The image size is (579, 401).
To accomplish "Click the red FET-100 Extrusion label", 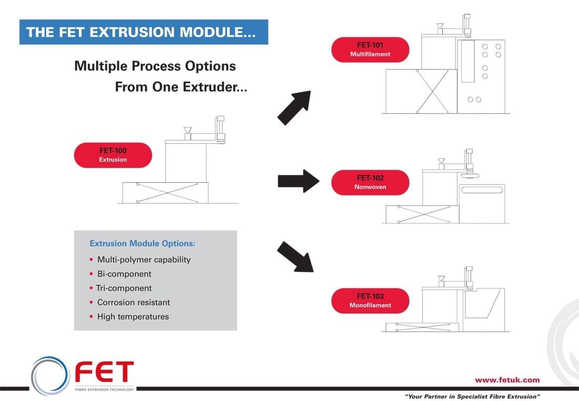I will (x=113, y=155).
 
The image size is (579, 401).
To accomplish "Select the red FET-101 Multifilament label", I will (x=370, y=50).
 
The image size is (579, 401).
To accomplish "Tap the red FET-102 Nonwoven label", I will (x=370, y=182).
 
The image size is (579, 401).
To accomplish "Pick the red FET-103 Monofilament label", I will (x=370, y=300).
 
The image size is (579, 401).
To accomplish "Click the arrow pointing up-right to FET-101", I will (x=294, y=108).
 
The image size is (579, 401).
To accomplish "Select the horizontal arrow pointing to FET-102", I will (x=298, y=181).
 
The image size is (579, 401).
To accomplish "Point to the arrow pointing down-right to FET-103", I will (x=295, y=257).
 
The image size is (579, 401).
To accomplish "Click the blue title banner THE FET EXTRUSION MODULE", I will (x=144, y=32).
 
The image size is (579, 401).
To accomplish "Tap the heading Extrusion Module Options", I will (x=143, y=243).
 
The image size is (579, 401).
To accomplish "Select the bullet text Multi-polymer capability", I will (x=144, y=259).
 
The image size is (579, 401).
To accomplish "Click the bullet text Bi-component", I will (x=124, y=274).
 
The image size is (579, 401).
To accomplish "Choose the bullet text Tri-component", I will (x=124, y=288).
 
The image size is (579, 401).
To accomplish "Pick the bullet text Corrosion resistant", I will (x=134, y=302).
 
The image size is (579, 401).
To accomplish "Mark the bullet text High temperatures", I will (x=133, y=317).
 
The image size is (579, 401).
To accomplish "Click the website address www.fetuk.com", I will (x=507, y=379).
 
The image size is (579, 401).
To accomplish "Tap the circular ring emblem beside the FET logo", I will (x=50, y=375).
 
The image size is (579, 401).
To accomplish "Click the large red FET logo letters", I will (x=104, y=373).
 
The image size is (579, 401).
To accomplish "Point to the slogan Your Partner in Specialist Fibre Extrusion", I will (x=472, y=395).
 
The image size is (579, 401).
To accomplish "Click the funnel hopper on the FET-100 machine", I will (x=187, y=130).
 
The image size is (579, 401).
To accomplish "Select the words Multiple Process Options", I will (x=155, y=66).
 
